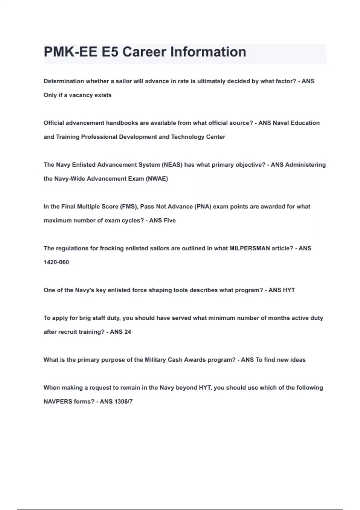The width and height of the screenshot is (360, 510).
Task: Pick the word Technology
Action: point(187,137)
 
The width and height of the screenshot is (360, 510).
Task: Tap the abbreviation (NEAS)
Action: point(172,165)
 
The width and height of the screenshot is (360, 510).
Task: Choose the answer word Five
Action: point(169,220)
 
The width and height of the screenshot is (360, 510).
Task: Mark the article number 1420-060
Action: point(56,262)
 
